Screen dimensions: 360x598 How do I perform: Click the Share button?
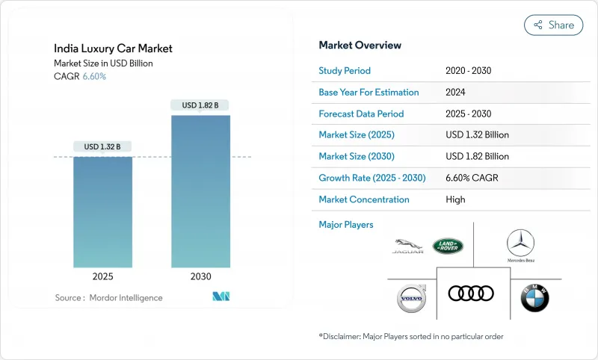(553, 25)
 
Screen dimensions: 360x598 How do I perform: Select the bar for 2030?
(200, 191)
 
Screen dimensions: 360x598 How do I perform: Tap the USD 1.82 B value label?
(200, 105)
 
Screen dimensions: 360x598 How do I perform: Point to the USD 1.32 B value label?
(102, 146)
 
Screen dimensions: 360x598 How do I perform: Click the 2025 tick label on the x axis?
(102, 276)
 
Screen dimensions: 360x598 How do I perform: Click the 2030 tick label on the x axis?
(200, 276)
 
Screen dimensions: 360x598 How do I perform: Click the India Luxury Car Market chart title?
(113, 49)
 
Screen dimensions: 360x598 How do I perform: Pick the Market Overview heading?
(360, 45)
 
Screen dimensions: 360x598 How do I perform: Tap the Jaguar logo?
(407, 246)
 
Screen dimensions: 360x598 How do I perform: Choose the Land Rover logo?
(448, 246)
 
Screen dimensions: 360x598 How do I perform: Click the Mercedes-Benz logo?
(520, 246)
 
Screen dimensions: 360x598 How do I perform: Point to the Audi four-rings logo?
(471, 294)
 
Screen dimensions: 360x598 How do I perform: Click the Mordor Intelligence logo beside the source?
(221, 297)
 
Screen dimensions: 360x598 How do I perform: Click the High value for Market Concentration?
(454, 199)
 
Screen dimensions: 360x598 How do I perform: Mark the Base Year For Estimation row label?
(369, 93)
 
